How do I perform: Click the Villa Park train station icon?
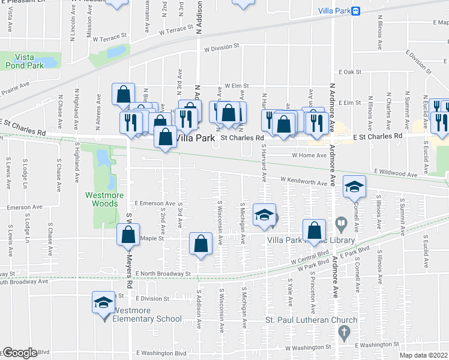coord(356,11)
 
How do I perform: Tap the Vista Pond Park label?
coord(24,60)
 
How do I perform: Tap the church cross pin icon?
coord(343,332)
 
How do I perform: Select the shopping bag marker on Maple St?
coord(128,234)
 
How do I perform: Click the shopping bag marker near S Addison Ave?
coord(201,244)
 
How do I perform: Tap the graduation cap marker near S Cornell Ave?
coord(354,187)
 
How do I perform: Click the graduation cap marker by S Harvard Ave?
coord(264,216)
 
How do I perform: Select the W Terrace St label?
coord(176,28)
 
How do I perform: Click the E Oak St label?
coord(349,71)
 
